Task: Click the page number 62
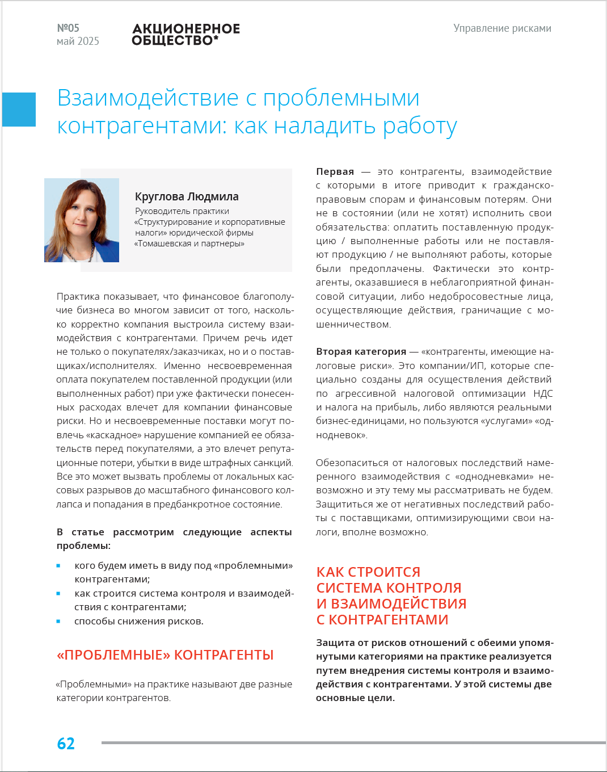coord(66,744)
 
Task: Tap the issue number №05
coord(68,28)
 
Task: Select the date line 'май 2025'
coord(78,41)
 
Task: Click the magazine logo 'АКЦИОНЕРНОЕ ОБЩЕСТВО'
coord(186,34)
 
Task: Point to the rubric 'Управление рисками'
coord(502,28)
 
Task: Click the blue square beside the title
coord(19,110)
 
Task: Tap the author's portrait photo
coord(82,220)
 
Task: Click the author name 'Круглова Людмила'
coord(187,196)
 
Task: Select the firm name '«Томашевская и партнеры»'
coord(189,244)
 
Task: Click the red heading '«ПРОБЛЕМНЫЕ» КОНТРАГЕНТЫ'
coord(165,655)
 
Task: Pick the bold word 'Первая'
coord(335,171)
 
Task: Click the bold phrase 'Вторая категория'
coord(361,351)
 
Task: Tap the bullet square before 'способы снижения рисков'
coord(58,621)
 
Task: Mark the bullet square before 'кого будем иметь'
coord(58,565)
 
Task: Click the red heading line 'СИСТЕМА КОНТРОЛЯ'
coord(389,588)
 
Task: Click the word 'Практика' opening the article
coord(78,296)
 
